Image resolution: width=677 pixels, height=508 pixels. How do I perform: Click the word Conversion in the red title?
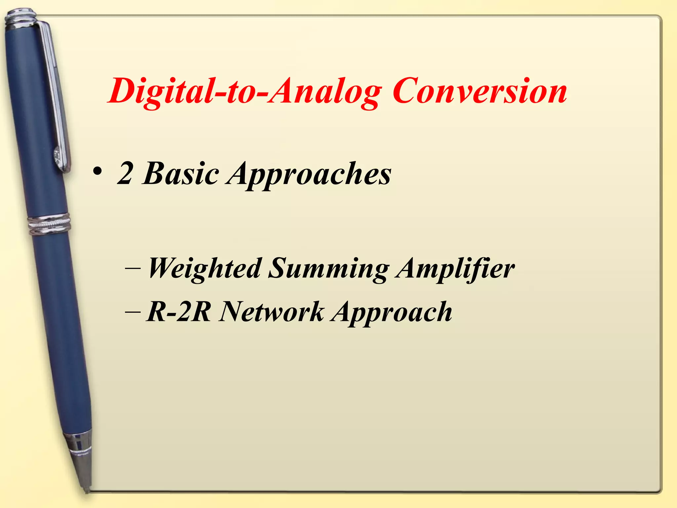tap(480, 91)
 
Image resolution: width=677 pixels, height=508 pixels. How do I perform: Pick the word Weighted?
tap(205, 269)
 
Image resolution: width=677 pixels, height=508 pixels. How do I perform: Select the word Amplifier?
tap(456, 269)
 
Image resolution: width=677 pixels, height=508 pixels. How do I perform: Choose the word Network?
tap(272, 312)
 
